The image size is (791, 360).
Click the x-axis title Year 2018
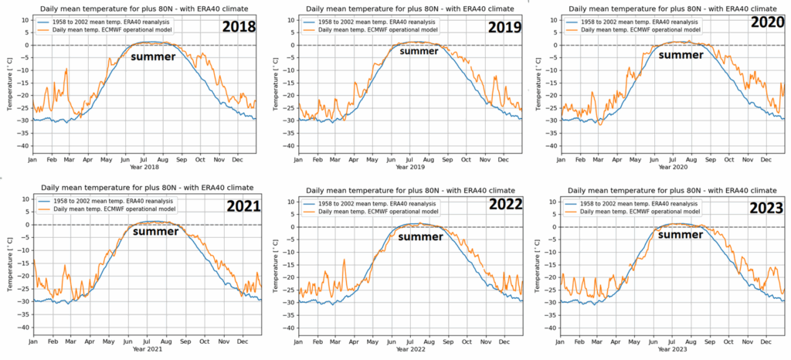point(147,166)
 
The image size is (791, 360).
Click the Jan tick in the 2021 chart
point(32,340)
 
